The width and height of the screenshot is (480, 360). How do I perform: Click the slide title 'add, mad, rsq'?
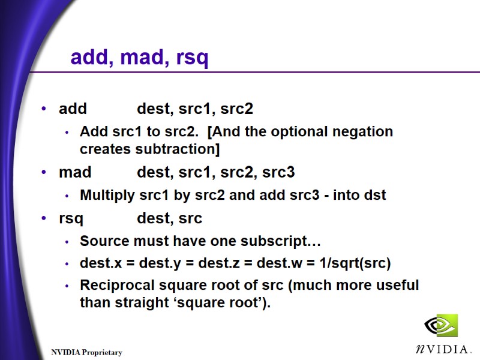point(139,58)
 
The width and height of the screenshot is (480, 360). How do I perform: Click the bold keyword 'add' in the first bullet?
point(73,109)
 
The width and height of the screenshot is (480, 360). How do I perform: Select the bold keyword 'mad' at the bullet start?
point(75,173)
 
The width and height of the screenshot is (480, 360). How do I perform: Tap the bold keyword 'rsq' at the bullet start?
point(71,218)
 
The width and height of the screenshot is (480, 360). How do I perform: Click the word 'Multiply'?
point(106,195)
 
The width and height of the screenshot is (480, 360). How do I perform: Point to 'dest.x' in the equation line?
point(98,263)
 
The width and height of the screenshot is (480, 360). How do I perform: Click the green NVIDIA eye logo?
point(440,326)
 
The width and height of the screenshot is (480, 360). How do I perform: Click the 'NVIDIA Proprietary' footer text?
point(86,352)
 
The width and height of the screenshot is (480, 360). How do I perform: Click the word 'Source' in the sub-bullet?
point(100,242)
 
